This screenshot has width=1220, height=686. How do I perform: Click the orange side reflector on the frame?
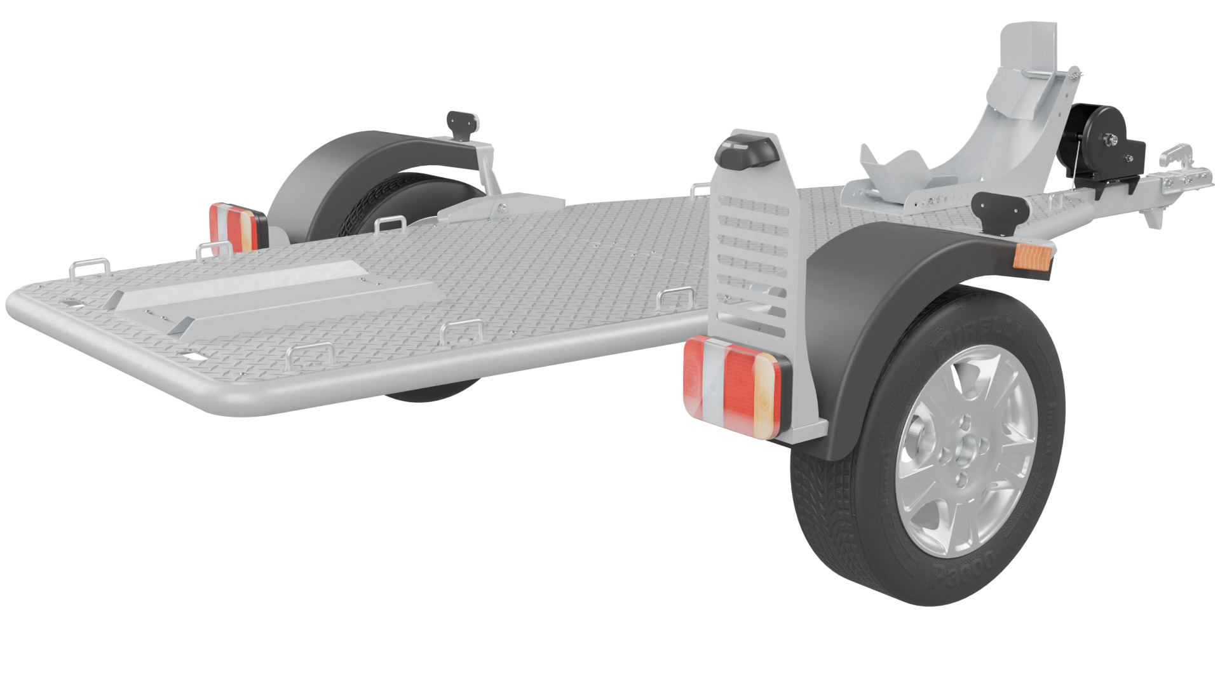(x=1029, y=255)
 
